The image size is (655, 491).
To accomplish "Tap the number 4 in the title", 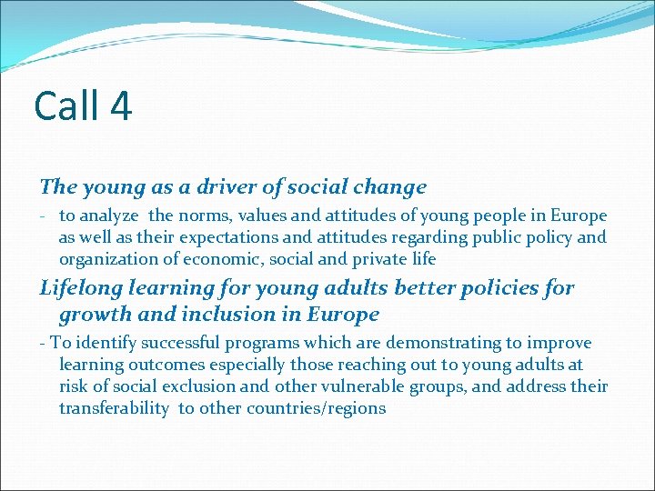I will click(x=121, y=105).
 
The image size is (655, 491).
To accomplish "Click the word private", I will click(x=377, y=259).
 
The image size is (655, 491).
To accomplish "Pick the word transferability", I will click(x=114, y=408).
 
